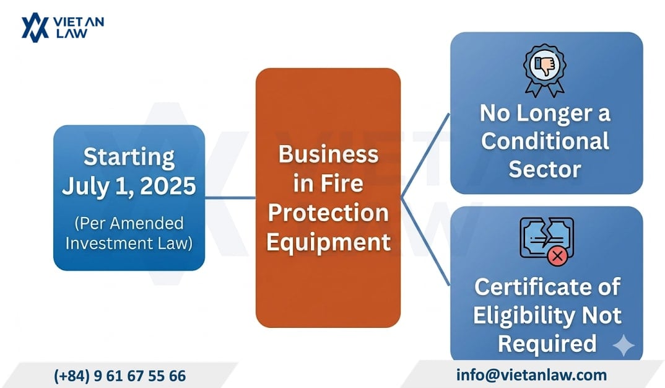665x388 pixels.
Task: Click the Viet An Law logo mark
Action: point(35,28)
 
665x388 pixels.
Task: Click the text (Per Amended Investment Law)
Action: point(129,232)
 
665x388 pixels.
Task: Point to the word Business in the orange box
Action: point(328,154)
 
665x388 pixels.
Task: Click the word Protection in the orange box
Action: point(328,212)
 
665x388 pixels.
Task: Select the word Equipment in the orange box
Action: point(328,241)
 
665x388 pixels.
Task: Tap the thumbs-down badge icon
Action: point(545,68)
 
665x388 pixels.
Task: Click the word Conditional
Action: point(545,141)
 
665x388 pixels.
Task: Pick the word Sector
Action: point(545,169)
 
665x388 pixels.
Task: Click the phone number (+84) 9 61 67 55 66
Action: point(120,376)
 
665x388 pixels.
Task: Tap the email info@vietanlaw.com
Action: point(531,374)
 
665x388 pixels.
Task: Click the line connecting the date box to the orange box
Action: point(230,198)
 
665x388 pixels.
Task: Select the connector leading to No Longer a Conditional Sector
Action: point(426,155)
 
